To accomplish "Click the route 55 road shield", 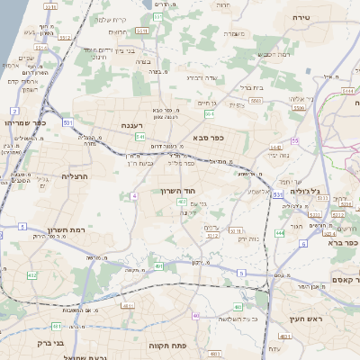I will [x=294, y=140].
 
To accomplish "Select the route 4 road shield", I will [x=134, y=195].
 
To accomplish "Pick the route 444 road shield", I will [x=280, y=233].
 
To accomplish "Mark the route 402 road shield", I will [x=182, y=202].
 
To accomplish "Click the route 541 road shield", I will [x=140, y=137].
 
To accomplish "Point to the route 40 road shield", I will [x=197, y=315].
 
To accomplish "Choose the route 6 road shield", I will [x=303, y=243].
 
